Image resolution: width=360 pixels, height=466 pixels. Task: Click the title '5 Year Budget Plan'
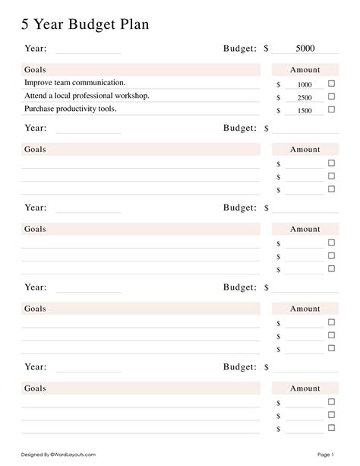click(x=85, y=24)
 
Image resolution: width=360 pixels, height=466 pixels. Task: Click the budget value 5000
click(x=305, y=49)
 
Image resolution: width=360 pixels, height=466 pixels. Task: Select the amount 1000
click(x=305, y=84)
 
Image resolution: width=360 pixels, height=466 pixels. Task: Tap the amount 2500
click(x=305, y=97)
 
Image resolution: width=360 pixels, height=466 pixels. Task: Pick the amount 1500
click(x=305, y=110)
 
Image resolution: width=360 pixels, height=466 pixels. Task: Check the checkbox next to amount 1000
click(x=331, y=84)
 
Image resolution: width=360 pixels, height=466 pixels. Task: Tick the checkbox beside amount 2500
click(x=331, y=97)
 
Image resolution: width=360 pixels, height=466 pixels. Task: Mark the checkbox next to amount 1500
click(x=331, y=109)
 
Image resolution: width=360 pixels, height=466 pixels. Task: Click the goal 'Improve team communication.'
click(x=75, y=82)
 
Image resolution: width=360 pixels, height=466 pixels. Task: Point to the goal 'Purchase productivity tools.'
click(x=70, y=109)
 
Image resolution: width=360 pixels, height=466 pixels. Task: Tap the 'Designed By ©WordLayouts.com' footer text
click(x=58, y=454)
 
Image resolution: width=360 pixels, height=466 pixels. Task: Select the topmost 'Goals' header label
click(x=35, y=70)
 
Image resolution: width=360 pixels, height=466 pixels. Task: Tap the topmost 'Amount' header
click(x=305, y=70)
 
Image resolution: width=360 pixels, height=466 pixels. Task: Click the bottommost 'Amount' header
click(x=305, y=388)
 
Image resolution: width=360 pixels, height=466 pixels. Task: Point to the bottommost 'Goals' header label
click(x=35, y=388)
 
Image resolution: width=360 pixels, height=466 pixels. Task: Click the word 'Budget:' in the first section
click(x=240, y=49)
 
